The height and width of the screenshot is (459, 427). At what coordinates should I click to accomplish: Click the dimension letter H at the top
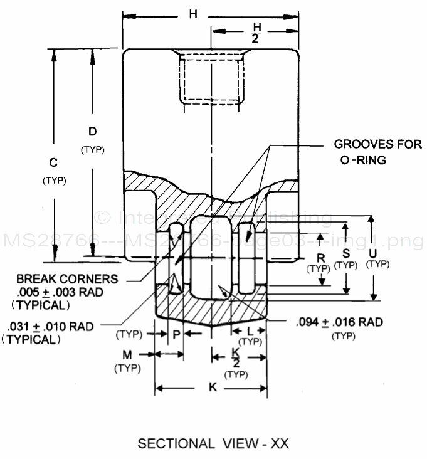coord(194,14)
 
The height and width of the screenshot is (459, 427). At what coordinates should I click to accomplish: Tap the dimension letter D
coord(92,132)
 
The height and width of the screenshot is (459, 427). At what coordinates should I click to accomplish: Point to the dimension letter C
coord(54,163)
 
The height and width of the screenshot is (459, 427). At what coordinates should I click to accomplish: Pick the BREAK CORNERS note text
coord(67,279)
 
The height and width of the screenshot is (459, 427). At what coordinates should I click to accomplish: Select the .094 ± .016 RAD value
coord(339,322)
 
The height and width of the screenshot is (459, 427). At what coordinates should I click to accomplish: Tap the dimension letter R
coord(321,258)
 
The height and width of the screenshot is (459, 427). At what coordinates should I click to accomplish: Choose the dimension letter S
coord(345,253)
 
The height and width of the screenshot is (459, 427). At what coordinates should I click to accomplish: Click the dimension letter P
coord(176,334)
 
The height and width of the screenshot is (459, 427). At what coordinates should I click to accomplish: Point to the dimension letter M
coord(127,355)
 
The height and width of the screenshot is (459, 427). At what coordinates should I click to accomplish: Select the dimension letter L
coord(250,330)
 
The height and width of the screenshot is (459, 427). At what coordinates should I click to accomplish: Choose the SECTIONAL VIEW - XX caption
coord(213,444)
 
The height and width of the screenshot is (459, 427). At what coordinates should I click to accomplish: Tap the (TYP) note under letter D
coord(92,150)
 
